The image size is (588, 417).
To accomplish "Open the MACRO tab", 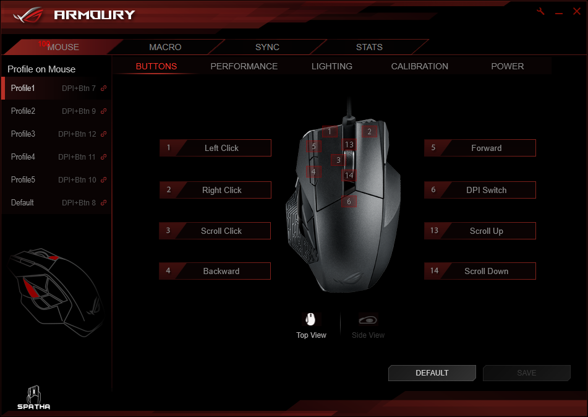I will point(165,47).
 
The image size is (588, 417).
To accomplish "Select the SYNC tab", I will point(267,47).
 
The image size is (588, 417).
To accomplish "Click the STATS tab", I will point(369,47).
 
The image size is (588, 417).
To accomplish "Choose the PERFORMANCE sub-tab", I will point(244,66).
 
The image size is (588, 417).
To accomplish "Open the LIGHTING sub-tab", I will point(332,66).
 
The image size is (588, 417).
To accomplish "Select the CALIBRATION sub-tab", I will point(419,66).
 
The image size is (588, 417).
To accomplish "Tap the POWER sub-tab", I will point(507,66).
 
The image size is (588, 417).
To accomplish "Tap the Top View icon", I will point(311,320).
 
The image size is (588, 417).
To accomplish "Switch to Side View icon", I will point(368,320).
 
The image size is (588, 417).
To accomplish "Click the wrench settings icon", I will point(540,12).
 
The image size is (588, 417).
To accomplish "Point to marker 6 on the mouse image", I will point(349,202).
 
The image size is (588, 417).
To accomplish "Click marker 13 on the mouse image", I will point(349,145).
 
